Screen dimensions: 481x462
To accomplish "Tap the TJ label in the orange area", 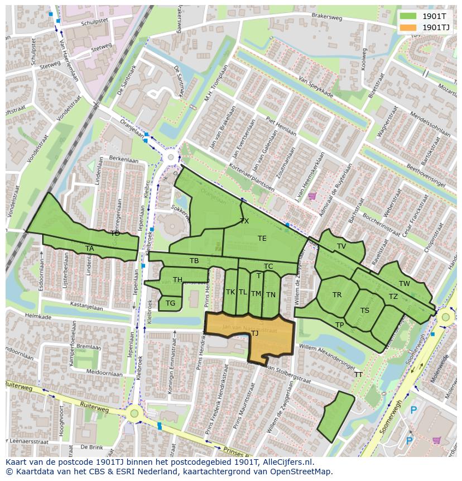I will click(254, 334).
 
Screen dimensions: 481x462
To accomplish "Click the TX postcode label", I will click(244, 221).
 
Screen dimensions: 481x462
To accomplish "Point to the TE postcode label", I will click(262, 239).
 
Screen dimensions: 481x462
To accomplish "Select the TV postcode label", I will click(341, 246).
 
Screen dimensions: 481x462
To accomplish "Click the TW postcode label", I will click(405, 284).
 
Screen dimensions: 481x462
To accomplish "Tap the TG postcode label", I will click(170, 303).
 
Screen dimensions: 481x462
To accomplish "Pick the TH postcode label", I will click(177, 280).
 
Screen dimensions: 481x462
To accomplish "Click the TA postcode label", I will click(90, 249).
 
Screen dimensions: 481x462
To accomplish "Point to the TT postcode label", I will click(358, 375).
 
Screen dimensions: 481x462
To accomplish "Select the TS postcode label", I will click(365, 311).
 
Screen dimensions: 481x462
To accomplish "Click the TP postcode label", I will click(339, 325).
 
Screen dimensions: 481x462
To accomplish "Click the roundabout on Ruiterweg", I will click(134, 414).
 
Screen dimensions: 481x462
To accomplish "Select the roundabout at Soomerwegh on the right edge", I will click(445, 318).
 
